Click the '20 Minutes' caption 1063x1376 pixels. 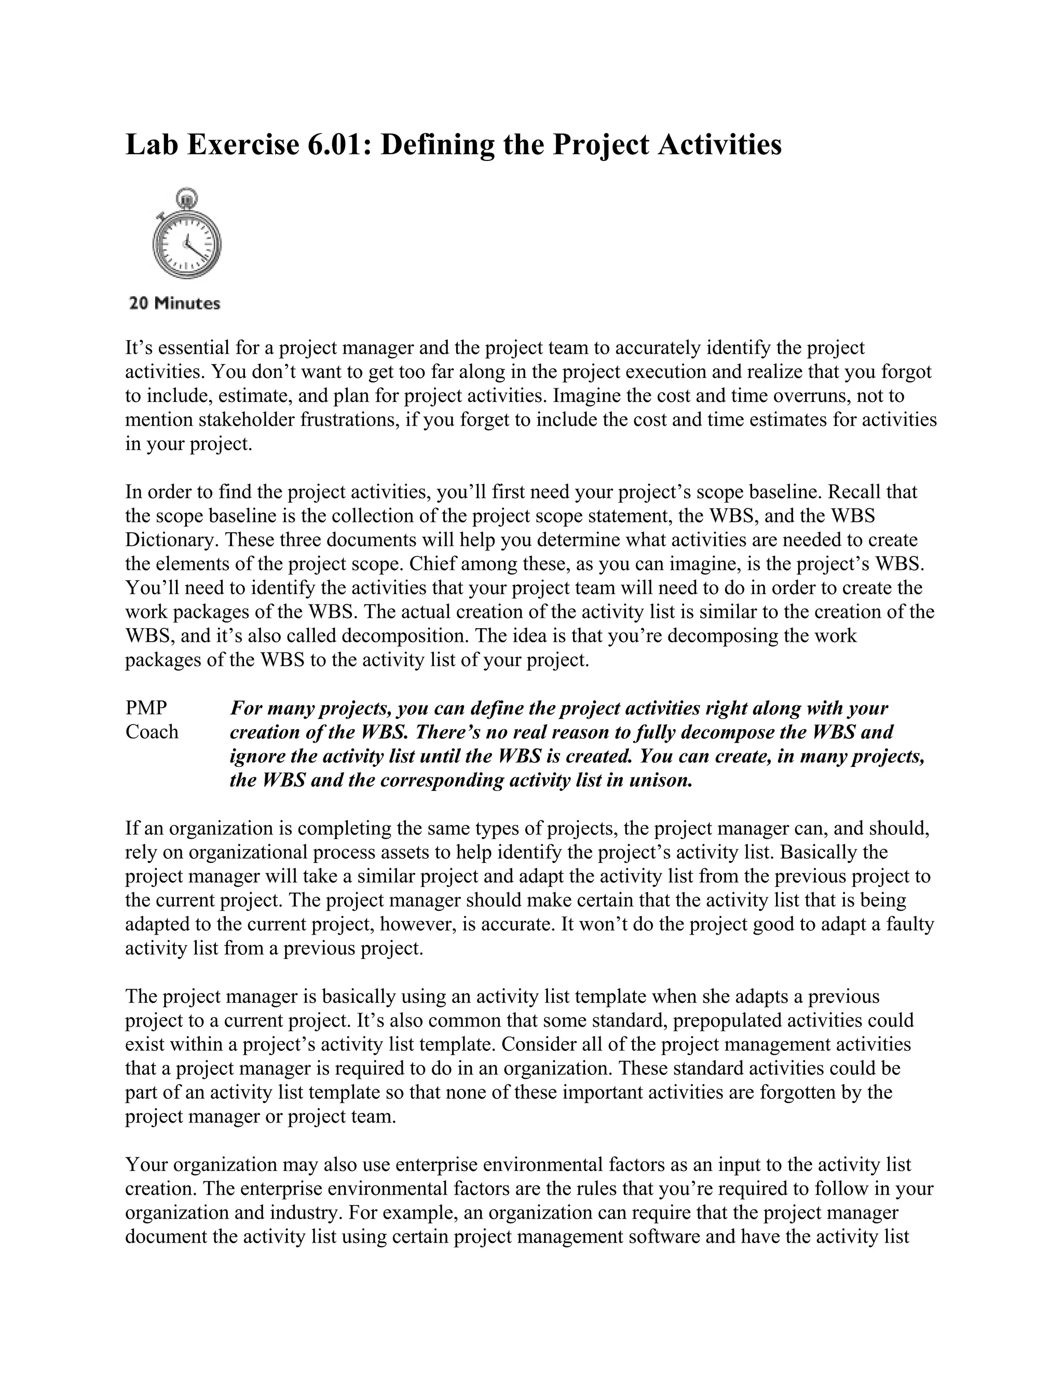pyautogui.click(x=174, y=304)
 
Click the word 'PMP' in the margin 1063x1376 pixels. pyautogui.click(x=146, y=708)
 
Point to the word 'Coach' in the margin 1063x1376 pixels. pyautogui.click(x=152, y=732)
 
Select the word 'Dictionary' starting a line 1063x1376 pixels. pyautogui.click(x=172, y=540)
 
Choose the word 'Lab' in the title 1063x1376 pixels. pyautogui.click(x=149, y=145)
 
